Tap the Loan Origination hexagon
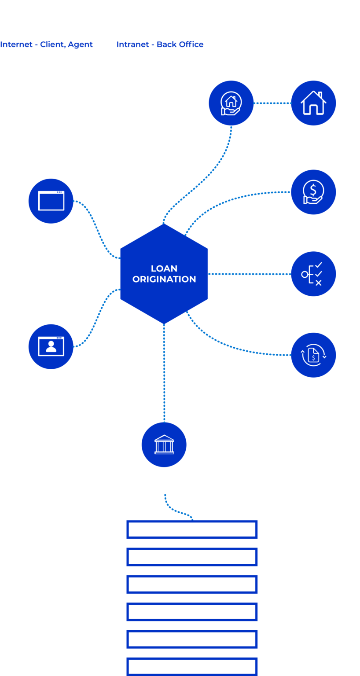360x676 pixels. (x=164, y=274)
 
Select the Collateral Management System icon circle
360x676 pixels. (x=231, y=103)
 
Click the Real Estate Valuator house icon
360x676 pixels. (x=313, y=103)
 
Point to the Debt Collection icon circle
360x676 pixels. (x=313, y=192)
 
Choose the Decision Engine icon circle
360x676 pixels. (x=313, y=274)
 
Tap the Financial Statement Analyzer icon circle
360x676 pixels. (x=313, y=355)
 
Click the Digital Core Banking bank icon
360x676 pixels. (x=164, y=445)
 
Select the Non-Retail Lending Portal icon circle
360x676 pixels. (x=51, y=201)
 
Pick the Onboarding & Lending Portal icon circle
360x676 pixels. (x=51, y=346)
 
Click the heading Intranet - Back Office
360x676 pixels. (x=160, y=44)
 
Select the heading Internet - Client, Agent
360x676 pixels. (x=47, y=44)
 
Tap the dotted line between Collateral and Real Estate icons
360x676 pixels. (x=272, y=103)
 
